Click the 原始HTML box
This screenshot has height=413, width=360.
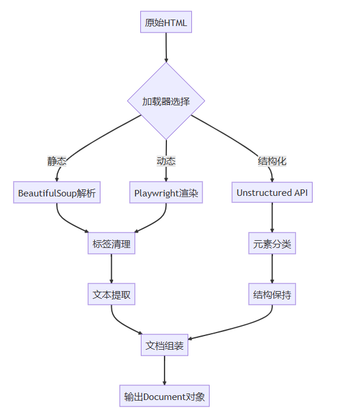click(x=166, y=23)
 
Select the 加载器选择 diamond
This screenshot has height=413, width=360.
click(x=166, y=101)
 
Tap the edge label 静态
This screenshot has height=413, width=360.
click(x=57, y=161)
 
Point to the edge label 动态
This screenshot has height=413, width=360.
click(x=166, y=161)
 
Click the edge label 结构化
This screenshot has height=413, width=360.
click(x=272, y=161)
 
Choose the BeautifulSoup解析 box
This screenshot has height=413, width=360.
click(x=57, y=193)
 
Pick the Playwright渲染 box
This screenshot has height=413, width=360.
click(x=166, y=193)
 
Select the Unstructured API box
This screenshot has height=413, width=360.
click(x=272, y=193)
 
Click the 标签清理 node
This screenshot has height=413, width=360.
click(x=111, y=244)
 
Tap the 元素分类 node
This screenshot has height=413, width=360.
click(x=272, y=244)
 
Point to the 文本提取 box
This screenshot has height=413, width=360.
click(x=111, y=294)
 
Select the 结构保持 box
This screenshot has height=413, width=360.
click(x=272, y=294)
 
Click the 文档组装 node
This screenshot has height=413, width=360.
click(x=166, y=345)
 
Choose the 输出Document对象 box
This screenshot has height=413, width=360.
click(x=165, y=396)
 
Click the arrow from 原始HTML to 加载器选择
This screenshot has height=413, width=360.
click(x=166, y=47)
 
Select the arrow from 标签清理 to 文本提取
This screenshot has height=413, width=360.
click(x=111, y=269)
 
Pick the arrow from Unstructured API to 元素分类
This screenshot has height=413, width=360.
click(x=272, y=218)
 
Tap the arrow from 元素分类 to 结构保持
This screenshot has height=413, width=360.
click(x=272, y=269)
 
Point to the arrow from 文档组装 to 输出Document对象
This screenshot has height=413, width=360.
click(x=165, y=370)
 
